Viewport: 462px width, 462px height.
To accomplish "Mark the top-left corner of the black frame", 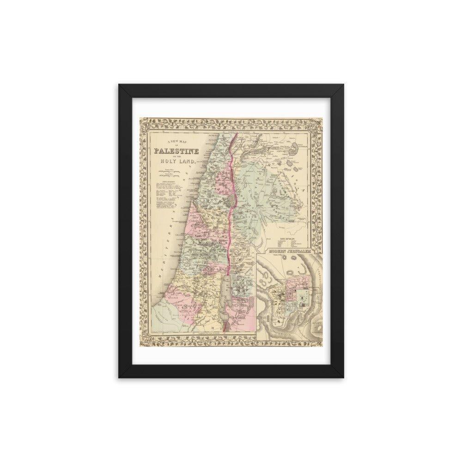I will (119, 85).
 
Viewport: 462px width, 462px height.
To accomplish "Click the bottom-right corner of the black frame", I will (343, 378).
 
